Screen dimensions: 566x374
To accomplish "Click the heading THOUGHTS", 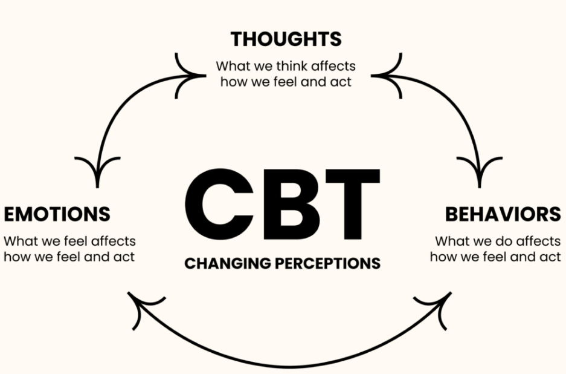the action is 286,39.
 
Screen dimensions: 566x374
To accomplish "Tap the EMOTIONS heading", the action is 57,214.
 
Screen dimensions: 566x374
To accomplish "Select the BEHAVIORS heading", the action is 503,214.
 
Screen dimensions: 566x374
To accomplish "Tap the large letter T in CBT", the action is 353,205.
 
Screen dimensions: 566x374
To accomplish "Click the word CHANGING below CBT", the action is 228,263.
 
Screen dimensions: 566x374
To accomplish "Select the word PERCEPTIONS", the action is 328,263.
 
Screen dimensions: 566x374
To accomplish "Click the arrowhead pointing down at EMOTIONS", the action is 97,170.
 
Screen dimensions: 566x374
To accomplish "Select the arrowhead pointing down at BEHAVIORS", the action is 480,170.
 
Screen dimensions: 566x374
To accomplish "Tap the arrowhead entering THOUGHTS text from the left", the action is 190,76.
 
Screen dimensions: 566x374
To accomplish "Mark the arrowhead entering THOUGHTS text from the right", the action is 387,76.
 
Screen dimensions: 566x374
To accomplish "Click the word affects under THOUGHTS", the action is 333,66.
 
